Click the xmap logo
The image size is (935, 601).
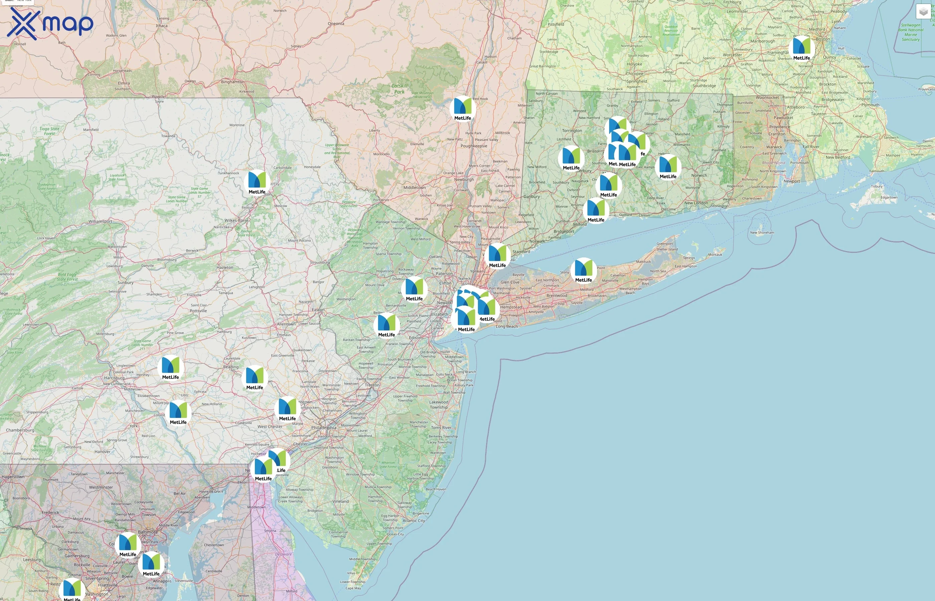point(50,23)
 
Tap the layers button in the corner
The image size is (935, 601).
point(923,12)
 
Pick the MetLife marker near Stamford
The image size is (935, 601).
point(497,254)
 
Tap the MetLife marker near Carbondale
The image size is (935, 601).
point(257,181)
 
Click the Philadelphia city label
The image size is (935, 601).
point(324,428)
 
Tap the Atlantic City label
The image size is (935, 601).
point(414,521)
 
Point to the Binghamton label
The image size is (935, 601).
point(232,82)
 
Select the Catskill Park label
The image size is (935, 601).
point(399,88)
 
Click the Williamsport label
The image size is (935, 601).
point(100,221)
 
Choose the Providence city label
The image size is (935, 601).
point(779,127)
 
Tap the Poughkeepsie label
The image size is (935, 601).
point(474,146)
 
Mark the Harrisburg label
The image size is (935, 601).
point(114,378)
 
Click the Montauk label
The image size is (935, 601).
point(715,254)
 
